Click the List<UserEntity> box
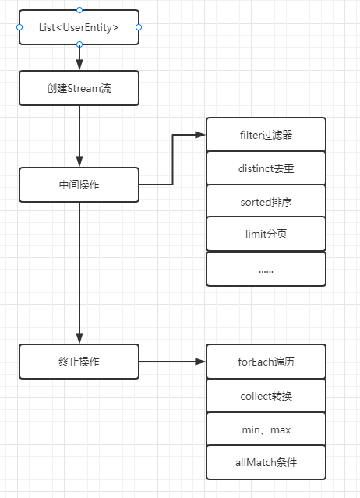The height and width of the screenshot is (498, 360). [x=79, y=27]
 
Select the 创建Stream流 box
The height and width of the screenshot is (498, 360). [x=79, y=88]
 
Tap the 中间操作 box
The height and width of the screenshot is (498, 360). [x=79, y=185]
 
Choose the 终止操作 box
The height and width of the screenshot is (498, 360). [x=79, y=362]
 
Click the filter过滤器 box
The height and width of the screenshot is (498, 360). [x=266, y=135]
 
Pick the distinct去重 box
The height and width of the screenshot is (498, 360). [x=266, y=168]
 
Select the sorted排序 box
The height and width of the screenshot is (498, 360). [x=266, y=202]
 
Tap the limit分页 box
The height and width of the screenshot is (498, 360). [x=266, y=235]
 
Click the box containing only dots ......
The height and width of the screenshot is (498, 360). [x=266, y=269]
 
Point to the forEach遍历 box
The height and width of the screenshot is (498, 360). [x=266, y=362]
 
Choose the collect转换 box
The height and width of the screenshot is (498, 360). [x=266, y=395]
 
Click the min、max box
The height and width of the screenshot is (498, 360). [x=266, y=429]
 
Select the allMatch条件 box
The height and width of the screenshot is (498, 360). [x=266, y=462]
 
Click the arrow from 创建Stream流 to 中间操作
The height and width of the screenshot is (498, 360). [x=79, y=136]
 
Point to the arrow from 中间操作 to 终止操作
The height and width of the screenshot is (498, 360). [x=79, y=273]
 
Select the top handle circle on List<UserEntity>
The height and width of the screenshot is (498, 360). [x=79, y=9]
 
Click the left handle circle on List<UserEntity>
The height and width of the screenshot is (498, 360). [x=19, y=27]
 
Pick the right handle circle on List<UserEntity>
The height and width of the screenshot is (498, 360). [x=139, y=27]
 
